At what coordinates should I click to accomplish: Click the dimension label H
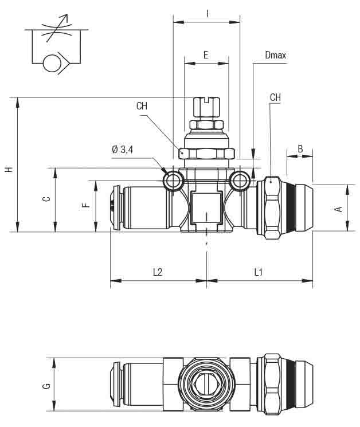(x=8, y=170)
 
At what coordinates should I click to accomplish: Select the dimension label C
(x=46, y=199)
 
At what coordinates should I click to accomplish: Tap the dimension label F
(x=86, y=205)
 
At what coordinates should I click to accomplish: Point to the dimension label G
(x=46, y=385)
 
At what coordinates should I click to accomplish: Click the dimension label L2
(x=158, y=272)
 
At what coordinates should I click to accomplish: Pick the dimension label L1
(x=259, y=272)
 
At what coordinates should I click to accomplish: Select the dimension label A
(x=339, y=209)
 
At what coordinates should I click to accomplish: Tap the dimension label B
(x=300, y=149)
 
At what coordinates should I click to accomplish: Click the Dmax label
(x=275, y=56)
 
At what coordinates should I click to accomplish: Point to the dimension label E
(x=206, y=55)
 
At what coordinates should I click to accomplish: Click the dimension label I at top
(x=206, y=13)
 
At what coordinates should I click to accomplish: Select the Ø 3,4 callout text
(x=123, y=150)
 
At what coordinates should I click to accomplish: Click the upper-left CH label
(x=142, y=106)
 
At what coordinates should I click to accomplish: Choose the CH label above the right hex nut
(x=275, y=97)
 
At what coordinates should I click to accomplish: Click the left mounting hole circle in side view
(x=173, y=182)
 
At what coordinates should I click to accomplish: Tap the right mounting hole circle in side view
(x=239, y=182)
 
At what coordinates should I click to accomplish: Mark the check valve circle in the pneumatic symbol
(x=52, y=62)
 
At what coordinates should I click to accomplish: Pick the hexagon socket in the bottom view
(x=206, y=385)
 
